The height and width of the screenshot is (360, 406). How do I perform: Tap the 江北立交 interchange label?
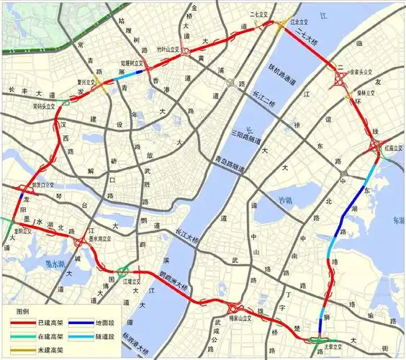[x=289, y=22]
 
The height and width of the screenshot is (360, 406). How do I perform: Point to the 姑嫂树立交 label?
[x=133, y=63]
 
